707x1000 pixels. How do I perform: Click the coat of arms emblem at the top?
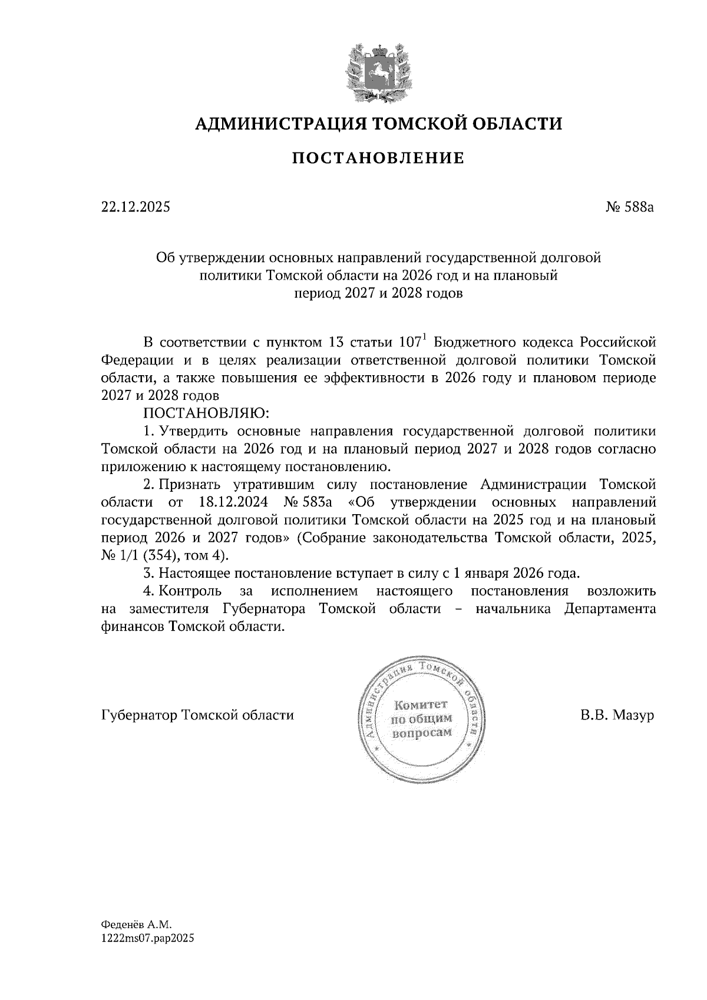coord(378,71)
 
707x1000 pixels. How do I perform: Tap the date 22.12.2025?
coord(135,207)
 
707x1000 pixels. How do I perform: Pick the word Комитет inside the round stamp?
coord(421,705)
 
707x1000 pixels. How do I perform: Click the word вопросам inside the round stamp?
coord(421,733)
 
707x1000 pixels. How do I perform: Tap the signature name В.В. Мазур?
coord(616,716)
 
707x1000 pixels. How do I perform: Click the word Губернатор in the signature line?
coord(140,716)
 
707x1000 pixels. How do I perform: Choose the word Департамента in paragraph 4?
coord(609,608)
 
